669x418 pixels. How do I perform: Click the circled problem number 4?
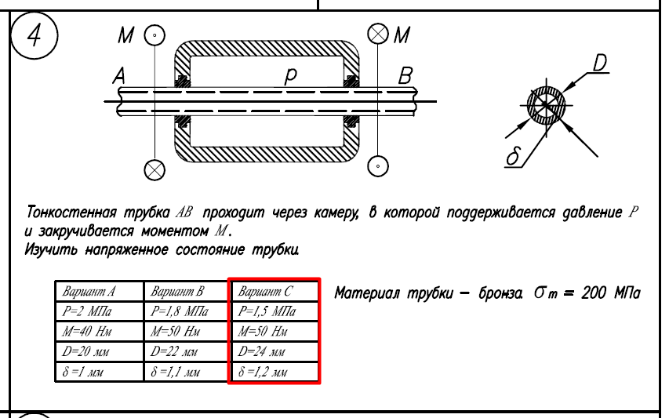35,35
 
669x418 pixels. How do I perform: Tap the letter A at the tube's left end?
119,76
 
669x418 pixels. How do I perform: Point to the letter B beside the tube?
405,76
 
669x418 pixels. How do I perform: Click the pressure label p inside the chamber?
290,76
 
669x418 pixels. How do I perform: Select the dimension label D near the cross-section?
600,63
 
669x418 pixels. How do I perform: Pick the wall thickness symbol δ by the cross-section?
513,156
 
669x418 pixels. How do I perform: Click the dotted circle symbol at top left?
155,35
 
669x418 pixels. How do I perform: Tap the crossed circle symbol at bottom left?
155,170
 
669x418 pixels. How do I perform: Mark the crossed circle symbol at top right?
378,34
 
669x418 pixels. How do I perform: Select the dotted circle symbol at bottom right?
378,166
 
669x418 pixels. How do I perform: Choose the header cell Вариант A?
100,291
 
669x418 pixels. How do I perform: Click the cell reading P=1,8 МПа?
187,311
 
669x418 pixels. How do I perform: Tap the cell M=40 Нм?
100,332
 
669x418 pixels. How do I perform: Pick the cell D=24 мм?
274,351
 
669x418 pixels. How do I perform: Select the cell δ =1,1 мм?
187,372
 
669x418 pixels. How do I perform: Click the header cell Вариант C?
274,291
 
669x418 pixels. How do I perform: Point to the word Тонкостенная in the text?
71,212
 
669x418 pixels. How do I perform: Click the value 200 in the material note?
594,293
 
